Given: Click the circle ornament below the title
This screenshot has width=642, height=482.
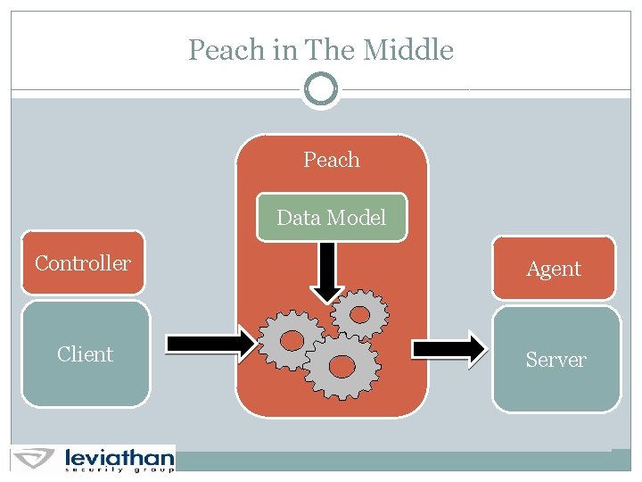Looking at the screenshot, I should [321, 88].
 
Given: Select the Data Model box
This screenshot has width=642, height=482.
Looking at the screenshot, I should [332, 218].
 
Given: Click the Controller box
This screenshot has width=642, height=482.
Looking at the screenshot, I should [83, 263].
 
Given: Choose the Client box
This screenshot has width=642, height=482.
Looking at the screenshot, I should [85, 354].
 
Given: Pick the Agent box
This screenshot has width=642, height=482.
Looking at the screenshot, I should [554, 268].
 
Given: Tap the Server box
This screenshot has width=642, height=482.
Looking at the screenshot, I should [556, 360].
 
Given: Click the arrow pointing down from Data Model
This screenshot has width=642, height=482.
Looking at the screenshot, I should [326, 271].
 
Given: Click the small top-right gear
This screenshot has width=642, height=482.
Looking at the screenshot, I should [359, 313].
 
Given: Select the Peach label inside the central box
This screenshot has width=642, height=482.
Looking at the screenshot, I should [332, 160].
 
